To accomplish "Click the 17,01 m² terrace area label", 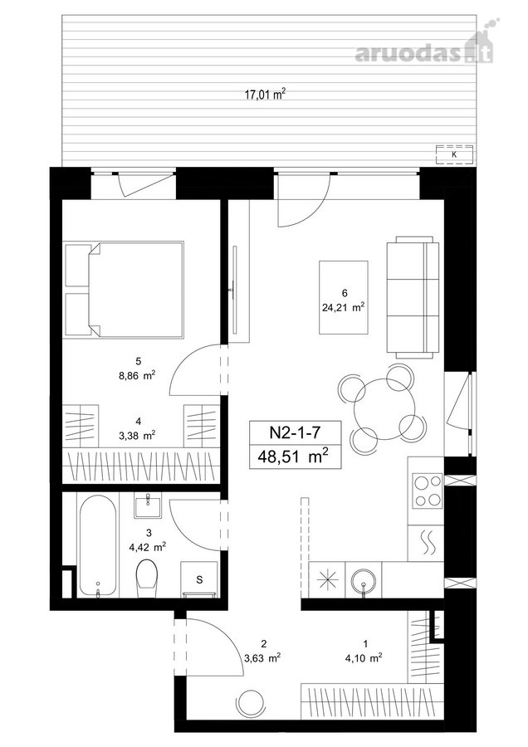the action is (x=265, y=94).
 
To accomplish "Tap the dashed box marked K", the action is (x=453, y=154).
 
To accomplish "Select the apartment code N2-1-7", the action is (x=295, y=432).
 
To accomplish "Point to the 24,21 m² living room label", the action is (x=343, y=307).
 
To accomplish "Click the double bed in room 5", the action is (x=125, y=290).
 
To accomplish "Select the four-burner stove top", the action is (x=428, y=491).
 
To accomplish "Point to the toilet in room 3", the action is (x=146, y=579).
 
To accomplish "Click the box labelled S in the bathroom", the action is (x=199, y=579).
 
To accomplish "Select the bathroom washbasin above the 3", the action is (x=149, y=505).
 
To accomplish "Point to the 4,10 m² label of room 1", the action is (x=364, y=658).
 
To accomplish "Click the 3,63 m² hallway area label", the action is (x=262, y=658).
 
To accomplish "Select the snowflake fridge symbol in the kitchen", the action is (x=327, y=580).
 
